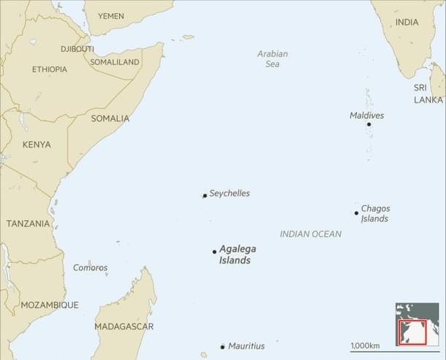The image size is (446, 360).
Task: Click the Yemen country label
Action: point(111,16)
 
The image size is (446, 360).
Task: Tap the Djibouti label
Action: point(78,49)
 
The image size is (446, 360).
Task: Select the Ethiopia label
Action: point(50,70)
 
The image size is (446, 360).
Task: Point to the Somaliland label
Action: point(115,63)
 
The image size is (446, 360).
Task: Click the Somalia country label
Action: point(110,119)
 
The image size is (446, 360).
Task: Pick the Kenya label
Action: point(37,145)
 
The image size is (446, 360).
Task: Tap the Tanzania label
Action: point(29,224)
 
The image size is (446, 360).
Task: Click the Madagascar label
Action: point(124,326)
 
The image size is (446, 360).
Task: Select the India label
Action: point(407,23)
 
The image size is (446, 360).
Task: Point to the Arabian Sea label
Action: point(272,59)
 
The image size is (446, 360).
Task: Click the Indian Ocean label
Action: point(310,234)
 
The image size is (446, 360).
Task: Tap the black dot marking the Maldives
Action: point(368,124)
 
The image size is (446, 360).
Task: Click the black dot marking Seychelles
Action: point(205,195)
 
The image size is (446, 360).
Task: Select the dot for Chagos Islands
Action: point(357,213)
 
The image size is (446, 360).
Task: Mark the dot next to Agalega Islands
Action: point(214,251)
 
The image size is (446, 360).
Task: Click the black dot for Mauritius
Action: point(222,346)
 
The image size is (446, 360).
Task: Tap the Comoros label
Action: point(90,268)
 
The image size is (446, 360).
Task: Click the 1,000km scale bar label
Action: point(365,345)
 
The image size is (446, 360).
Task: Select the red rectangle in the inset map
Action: point(412,331)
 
